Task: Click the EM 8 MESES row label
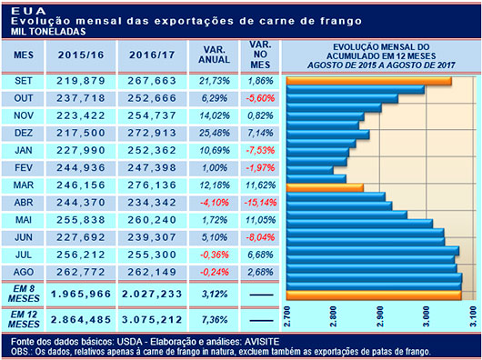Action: (23, 294)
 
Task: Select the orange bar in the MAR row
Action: (325, 188)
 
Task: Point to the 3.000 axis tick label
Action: (428, 317)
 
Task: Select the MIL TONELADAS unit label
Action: (41, 30)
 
